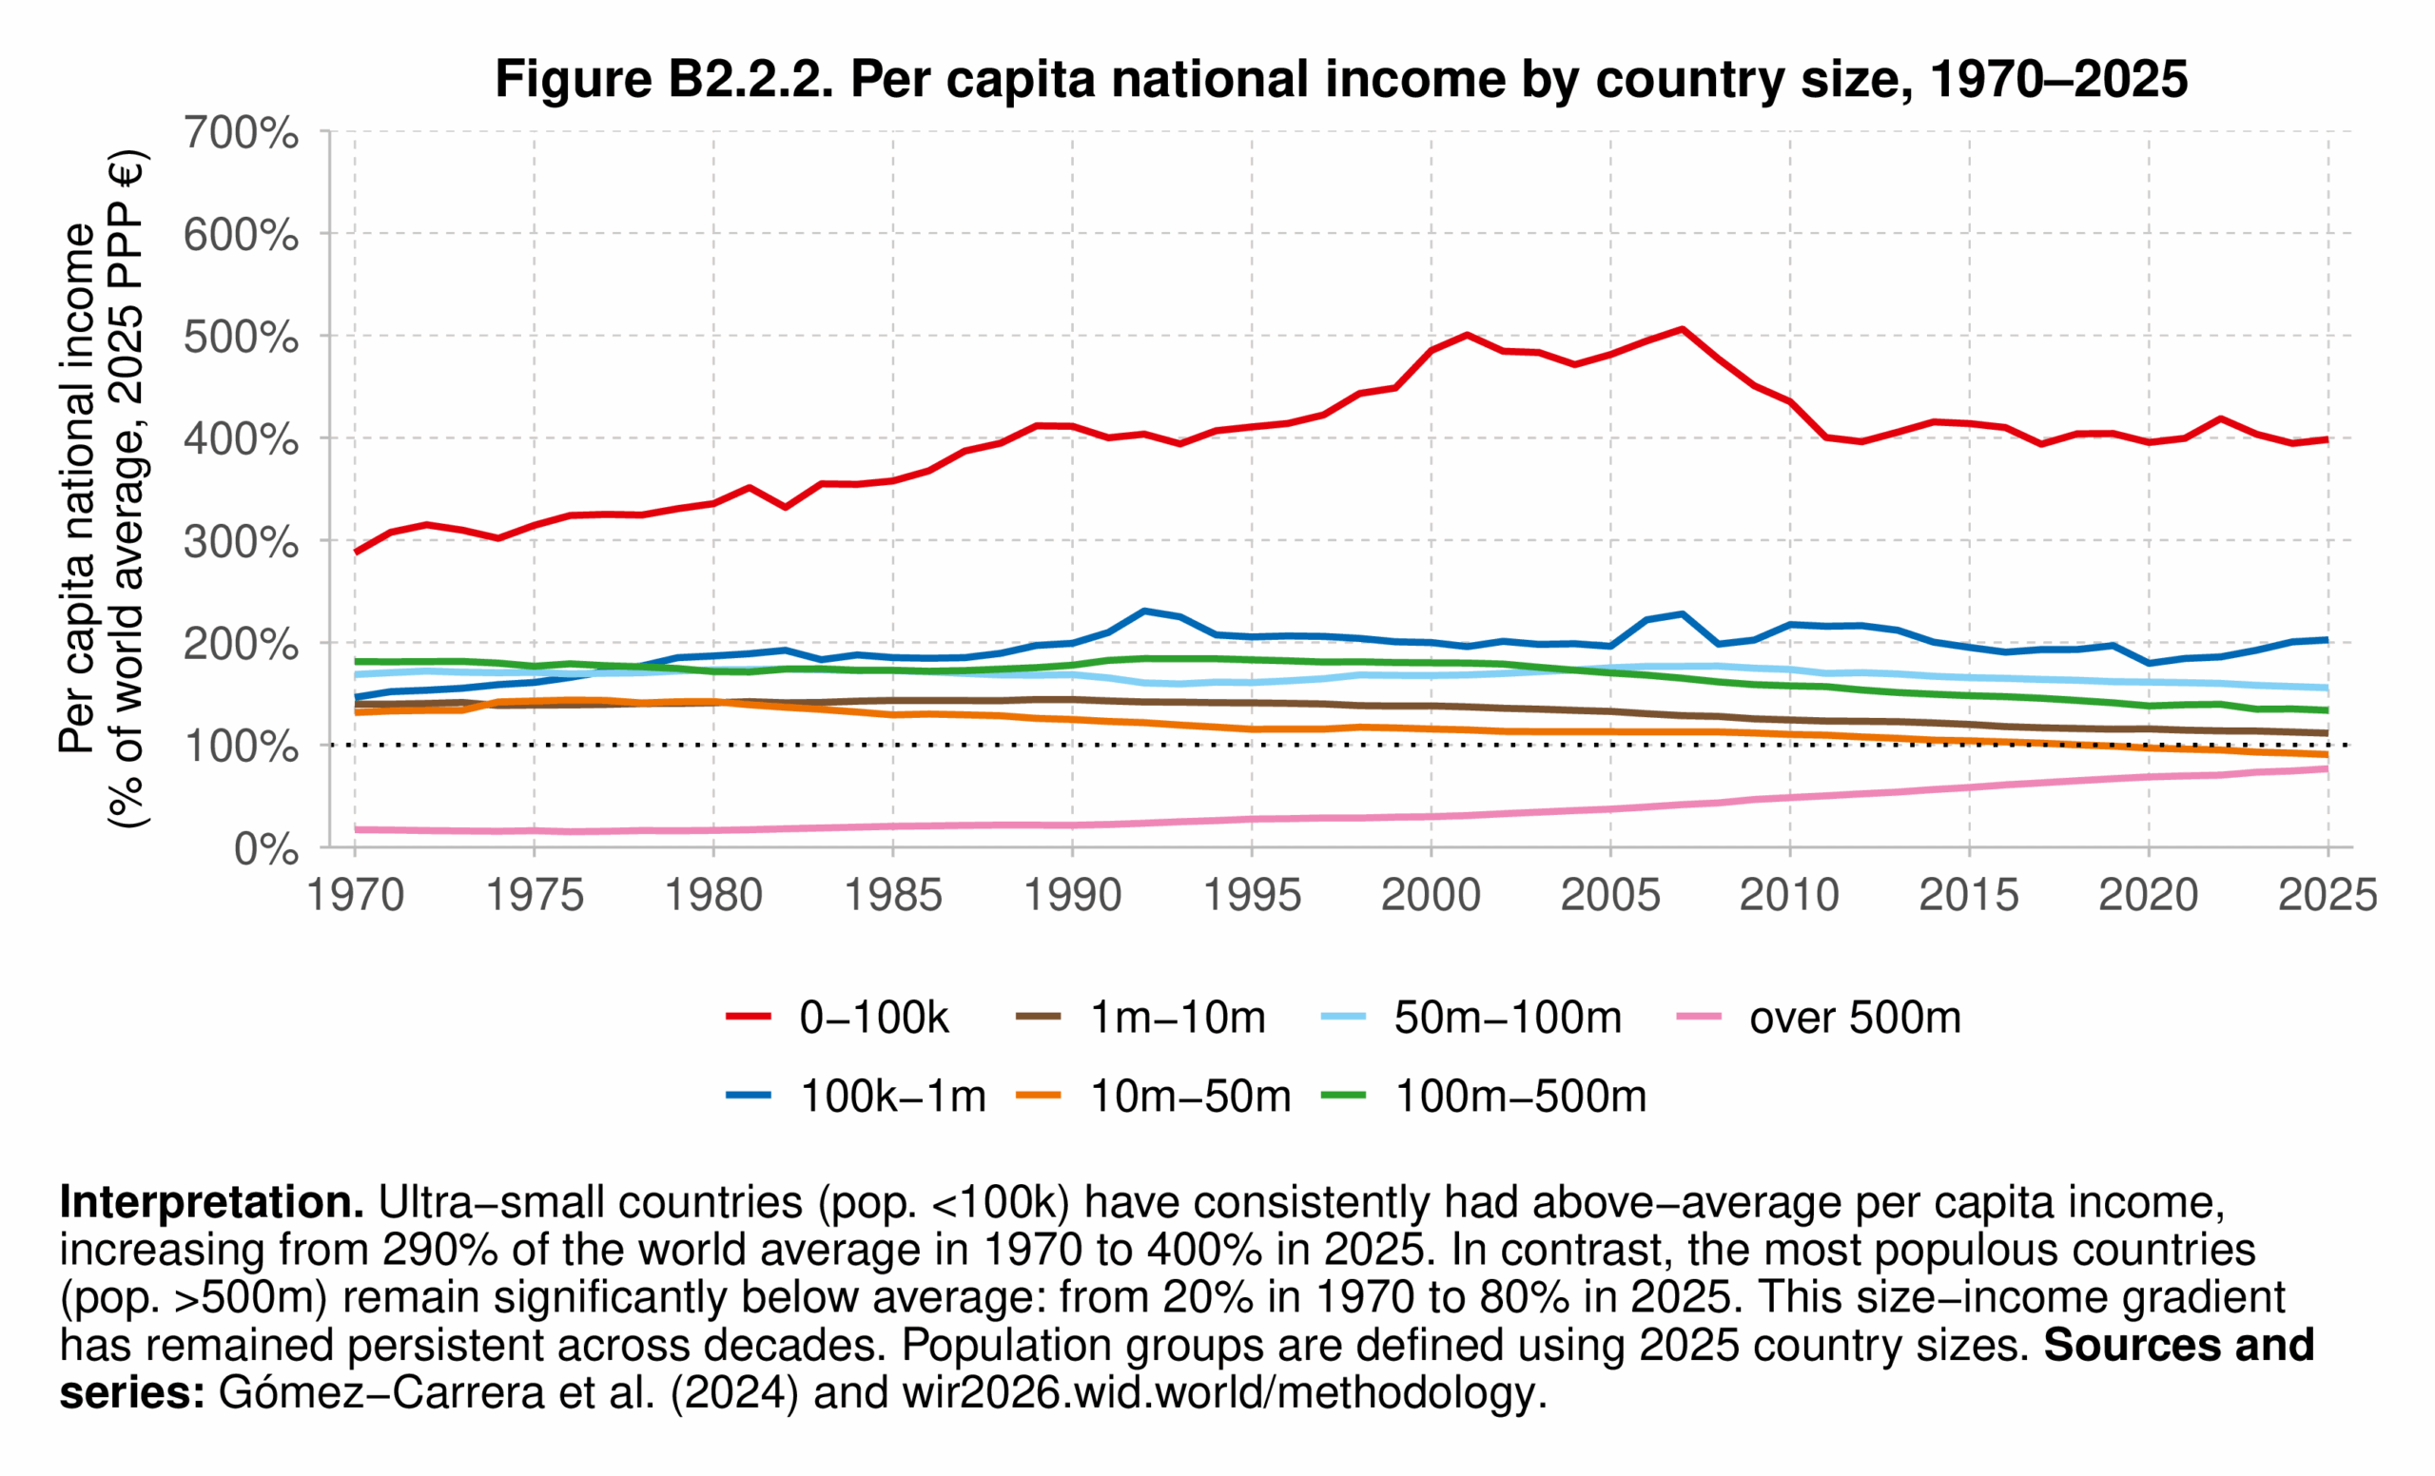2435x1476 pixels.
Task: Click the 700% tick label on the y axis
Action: point(240,132)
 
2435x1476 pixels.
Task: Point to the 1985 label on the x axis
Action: point(892,895)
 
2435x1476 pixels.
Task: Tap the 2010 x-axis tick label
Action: point(1789,895)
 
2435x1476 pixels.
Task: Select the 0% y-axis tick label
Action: point(264,848)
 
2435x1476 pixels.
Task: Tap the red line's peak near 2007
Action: point(1681,329)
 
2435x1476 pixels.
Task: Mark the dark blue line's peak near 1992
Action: point(1143,611)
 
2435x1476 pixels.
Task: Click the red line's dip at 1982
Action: point(785,507)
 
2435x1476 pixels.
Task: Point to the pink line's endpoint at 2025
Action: point(2327,768)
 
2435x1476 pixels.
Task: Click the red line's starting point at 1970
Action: point(356,552)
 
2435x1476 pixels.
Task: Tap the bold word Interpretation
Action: point(211,1202)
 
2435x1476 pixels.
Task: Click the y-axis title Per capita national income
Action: point(77,489)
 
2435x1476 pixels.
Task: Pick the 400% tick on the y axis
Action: point(240,438)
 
